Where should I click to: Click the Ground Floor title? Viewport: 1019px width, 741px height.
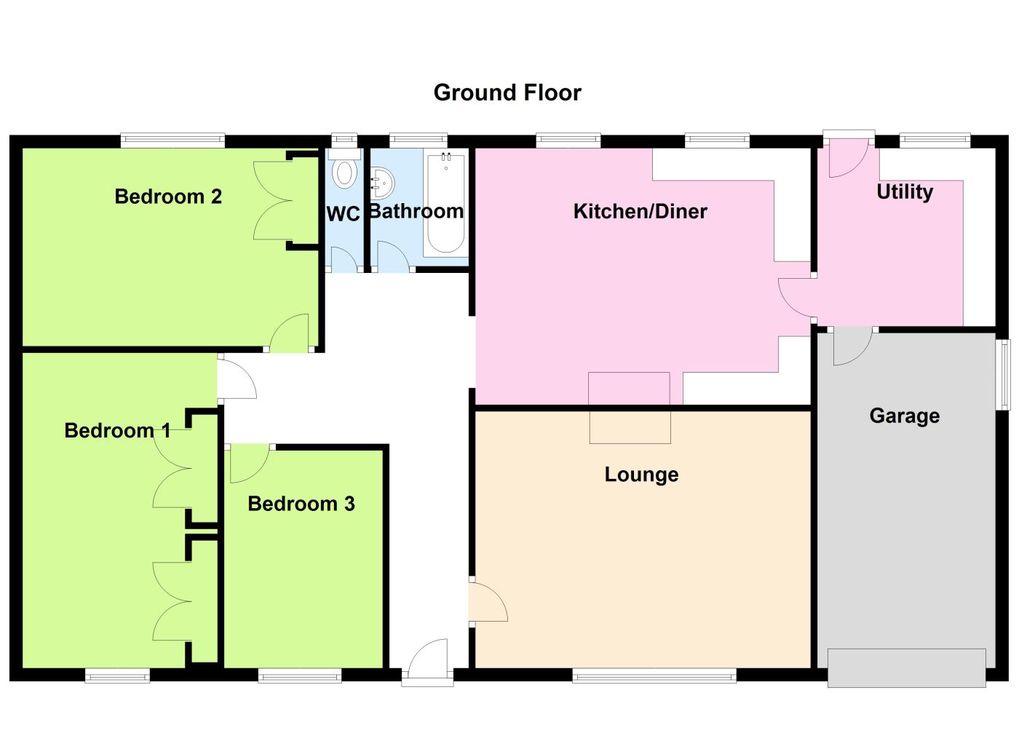pos(507,92)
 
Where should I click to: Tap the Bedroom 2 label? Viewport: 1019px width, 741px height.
pos(168,197)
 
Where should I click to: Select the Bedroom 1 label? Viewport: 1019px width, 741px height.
pos(117,431)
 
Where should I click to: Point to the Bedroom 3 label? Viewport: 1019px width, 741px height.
pos(301,504)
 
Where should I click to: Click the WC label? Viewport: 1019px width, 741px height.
pos(343,214)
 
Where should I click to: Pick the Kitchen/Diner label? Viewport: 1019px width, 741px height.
pos(640,212)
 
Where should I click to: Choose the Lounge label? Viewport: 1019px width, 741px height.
pos(641,475)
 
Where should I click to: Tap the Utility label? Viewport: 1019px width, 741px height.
pos(905,192)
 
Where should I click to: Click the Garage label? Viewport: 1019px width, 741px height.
pos(904,416)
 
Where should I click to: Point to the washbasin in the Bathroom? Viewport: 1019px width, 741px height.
pos(381,183)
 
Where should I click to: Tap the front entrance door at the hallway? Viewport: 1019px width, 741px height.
pos(428,662)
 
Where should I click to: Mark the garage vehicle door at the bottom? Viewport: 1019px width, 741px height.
pos(906,667)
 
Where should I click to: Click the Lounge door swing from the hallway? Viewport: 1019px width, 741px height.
pos(486,601)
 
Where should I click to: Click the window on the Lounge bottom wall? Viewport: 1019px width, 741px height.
pos(654,676)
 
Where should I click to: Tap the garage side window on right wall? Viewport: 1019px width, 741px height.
pos(1004,374)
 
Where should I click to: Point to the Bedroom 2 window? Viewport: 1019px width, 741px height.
pos(173,140)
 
